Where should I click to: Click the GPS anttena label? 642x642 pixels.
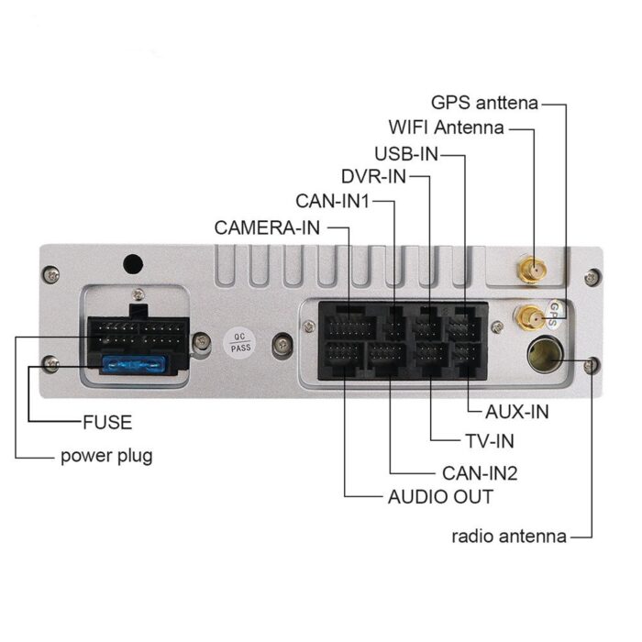pyautogui.click(x=484, y=103)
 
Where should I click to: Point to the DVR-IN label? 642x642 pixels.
pyautogui.click(x=372, y=176)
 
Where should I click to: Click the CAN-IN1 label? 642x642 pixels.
pyautogui.click(x=332, y=201)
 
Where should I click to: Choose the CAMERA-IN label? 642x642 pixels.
pyautogui.click(x=267, y=227)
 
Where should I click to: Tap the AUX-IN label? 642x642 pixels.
pyautogui.click(x=516, y=412)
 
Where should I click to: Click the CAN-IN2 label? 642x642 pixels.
pyautogui.click(x=480, y=473)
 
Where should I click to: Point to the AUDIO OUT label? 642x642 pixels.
pyautogui.click(x=440, y=497)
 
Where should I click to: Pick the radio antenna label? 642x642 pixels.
pyautogui.click(x=508, y=537)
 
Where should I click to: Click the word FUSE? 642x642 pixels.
pyautogui.click(x=106, y=423)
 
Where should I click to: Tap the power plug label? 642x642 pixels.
pyautogui.click(x=106, y=456)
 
